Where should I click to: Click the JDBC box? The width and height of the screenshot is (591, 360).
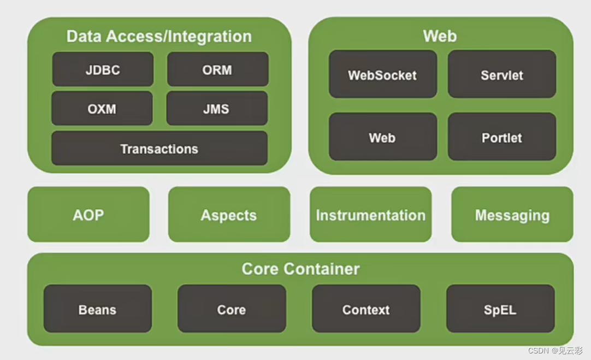click(x=103, y=69)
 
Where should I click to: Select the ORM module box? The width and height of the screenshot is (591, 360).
click(x=217, y=69)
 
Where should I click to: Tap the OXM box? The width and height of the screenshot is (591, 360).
click(x=102, y=108)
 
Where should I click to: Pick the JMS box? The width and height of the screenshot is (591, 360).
click(x=217, y=108)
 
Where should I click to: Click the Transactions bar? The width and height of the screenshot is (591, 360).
click(x=159, y=148)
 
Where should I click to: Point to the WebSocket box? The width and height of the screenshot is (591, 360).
click(x=382, y=74)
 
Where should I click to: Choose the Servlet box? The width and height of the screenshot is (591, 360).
click(x=501, y=74)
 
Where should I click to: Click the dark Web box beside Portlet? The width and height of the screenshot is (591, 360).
click(x=382, y=137)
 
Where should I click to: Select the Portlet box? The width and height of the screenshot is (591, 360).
click(x=501, y=137)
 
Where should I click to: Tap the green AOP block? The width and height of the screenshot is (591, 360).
click(x=88, y=214)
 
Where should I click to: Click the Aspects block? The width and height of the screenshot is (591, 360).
click(x=229, y=214)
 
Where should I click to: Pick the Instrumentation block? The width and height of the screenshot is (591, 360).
click(x=370, y=214)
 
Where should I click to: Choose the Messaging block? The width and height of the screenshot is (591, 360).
click(x=512, y=214)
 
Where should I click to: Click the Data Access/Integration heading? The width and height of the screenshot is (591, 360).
click(x=159, y=36)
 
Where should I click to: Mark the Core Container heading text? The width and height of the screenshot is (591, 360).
click(x=300, y=269)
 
